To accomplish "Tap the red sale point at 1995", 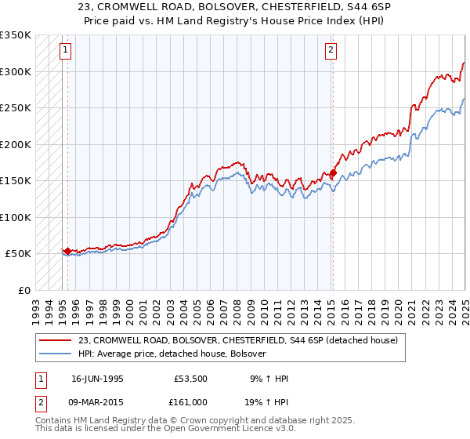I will [67, 252].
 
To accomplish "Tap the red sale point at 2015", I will [333, 173].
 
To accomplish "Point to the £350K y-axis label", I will [16, 35].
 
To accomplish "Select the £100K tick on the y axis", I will [16, 217].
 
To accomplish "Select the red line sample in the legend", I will [55, 340].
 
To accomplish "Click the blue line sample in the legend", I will [55, 354].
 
